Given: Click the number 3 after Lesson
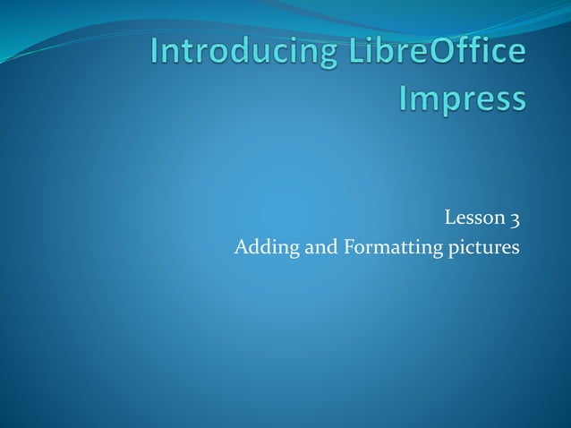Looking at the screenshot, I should point(516,217).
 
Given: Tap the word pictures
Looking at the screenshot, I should point(484,246).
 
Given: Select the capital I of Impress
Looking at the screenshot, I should point(403,96).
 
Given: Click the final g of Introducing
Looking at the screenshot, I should point(317,56).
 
